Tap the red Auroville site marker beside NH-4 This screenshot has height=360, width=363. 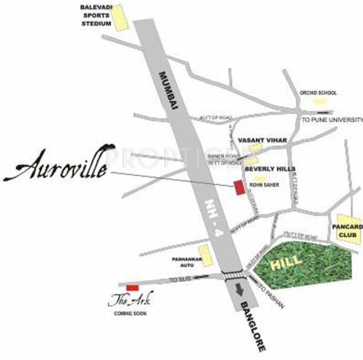tap(239, 188)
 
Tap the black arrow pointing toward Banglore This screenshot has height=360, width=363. tap(241, 289)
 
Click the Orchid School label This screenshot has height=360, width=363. tap(318, 93)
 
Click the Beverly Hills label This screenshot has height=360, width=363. tap(266, 170)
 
